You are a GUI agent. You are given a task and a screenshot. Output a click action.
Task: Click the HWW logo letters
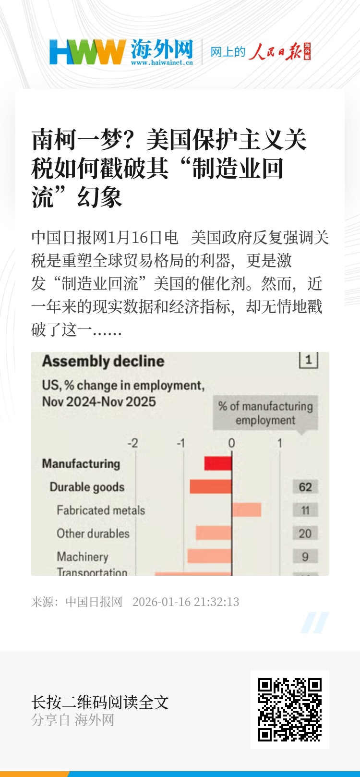tap(87, 52)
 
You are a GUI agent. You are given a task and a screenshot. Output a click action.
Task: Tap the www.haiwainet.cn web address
tap(162, 62)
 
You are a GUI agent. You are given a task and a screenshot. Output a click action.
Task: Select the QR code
tap(290, 709)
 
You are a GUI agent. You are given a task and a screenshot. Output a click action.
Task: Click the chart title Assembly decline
tap(103, 361)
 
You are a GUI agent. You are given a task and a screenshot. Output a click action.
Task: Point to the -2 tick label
tap(132, 443)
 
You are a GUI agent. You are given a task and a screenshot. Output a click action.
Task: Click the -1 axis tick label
tap(180, 443)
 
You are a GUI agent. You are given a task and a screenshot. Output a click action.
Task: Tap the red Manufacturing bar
tap(218, 463)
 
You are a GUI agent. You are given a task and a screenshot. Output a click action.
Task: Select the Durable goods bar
tap(211, 486)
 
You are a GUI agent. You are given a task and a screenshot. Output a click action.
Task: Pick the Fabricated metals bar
tap(247, 510)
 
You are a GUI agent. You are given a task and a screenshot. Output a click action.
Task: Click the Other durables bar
tap(214, 533)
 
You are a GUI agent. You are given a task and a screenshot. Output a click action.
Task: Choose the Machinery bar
tap(210, 556)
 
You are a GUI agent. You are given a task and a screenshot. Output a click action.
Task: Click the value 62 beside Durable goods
tap(305, 487)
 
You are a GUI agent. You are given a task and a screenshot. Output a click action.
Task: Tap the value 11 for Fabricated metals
tap(305, 510)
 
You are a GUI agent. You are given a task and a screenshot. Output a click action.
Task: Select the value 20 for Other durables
tap(305, 534)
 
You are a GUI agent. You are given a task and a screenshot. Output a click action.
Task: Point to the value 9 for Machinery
tap(305, 557)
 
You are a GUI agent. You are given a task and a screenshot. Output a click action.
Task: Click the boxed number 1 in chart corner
tap(309, 360)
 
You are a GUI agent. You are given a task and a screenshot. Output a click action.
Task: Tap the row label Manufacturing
tap(81, 464)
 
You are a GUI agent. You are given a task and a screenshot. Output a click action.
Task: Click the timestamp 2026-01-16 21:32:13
tap(186, 602)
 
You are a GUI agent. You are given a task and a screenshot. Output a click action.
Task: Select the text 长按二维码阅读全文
tap(100, 702)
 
